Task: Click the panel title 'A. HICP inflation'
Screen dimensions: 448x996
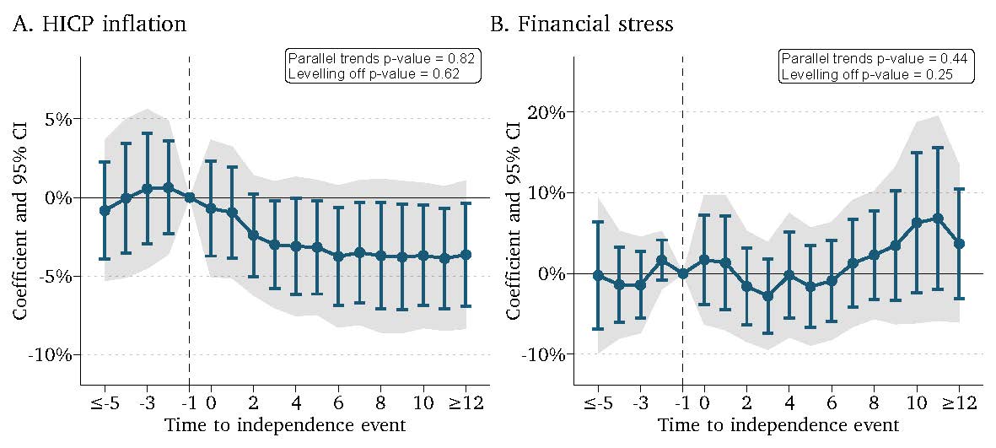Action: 100,24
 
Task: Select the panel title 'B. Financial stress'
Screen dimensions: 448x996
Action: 582,24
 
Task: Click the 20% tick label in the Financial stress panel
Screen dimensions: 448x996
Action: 544,111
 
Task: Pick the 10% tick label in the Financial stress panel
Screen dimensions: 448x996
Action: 544,192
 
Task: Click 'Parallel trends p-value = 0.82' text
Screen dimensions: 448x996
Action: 384,59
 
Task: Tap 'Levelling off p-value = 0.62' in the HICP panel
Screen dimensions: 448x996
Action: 384,74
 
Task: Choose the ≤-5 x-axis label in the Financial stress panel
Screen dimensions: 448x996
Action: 598,402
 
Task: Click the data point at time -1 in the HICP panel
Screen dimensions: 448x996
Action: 189,197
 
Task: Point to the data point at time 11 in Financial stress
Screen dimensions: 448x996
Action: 937,219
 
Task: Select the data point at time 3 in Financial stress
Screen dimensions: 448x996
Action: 767,296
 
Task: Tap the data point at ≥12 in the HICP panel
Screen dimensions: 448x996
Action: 466,254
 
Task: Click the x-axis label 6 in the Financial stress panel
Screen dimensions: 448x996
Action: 832,402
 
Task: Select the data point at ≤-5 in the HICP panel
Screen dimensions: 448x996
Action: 105,210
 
